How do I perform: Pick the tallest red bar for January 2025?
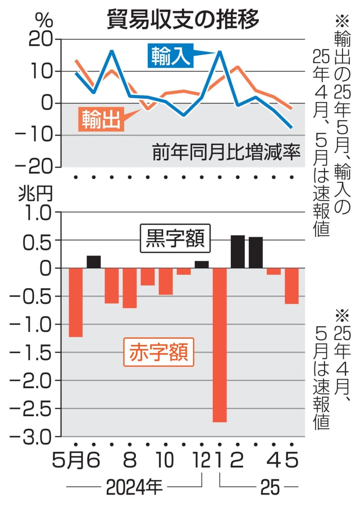[220, 345]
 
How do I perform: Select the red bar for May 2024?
[76, 302]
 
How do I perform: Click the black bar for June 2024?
[94, 262]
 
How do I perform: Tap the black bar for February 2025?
[238, 252]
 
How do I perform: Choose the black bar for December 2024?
[202, 265]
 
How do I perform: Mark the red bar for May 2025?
[292, 286]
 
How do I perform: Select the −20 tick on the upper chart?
[38, 167]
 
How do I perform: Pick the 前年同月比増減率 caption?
[225, 153]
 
